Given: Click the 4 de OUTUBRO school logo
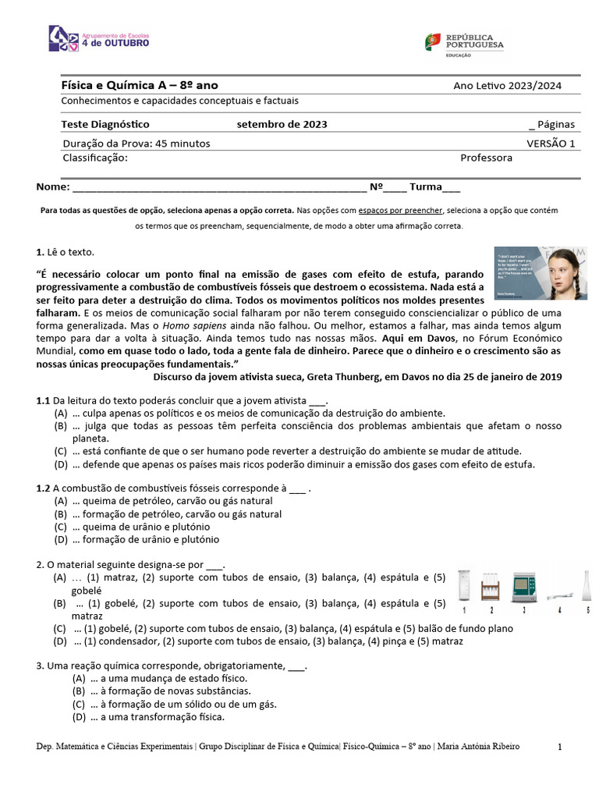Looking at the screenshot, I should tap(98, 38).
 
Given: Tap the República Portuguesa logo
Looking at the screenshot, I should tap(464, 42).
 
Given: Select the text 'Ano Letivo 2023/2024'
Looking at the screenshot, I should tap(507, 86).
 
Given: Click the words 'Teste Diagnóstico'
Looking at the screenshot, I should tap(105, 124).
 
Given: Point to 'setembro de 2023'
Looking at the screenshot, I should tap(282, 124).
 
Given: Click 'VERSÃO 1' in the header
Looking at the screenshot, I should tap(550, 144).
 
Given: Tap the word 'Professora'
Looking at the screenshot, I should tap(486, 158).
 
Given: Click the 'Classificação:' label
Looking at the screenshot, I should tap(94, 158).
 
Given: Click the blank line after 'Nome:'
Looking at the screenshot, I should tap(218, 187).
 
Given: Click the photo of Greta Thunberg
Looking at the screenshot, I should tap(541, 273).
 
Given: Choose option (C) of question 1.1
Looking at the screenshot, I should tap(296, 451).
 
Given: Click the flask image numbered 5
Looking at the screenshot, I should tap(587, 585).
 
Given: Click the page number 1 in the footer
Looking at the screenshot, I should tap(560, 748).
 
